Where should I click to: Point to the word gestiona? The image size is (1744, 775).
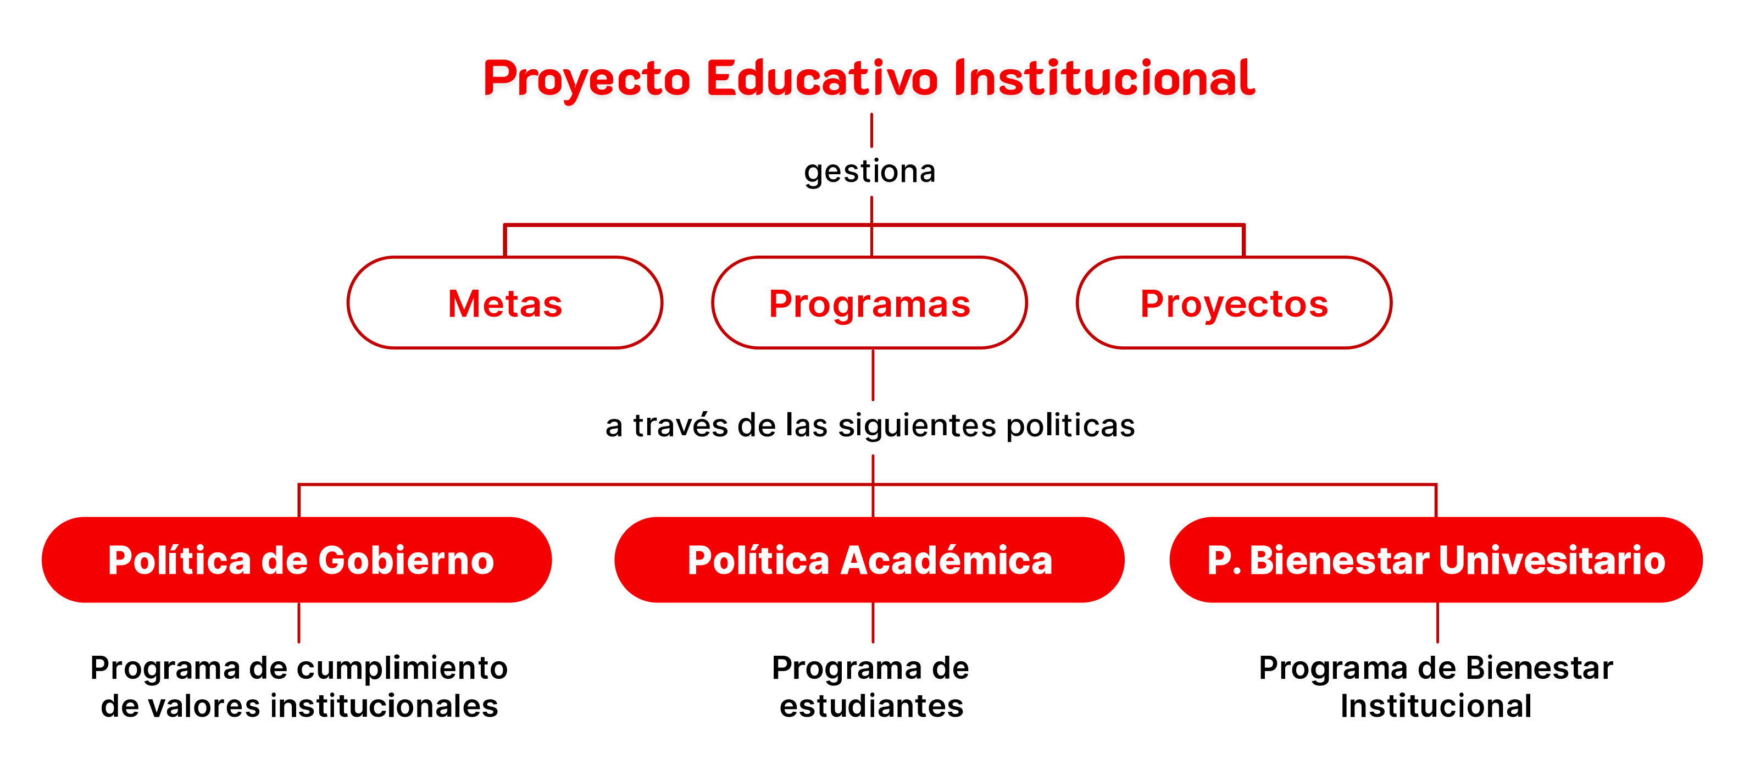click(870, 172)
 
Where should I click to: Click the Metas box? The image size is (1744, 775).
click(505, 303)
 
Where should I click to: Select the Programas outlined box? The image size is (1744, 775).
click(869, 303)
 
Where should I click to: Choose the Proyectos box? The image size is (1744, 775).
click(1234, 303)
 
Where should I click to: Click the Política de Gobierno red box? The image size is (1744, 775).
click(297, 560)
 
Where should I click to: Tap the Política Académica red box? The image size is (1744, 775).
click(869, 560)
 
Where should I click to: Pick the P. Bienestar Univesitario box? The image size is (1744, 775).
click(1436, 560)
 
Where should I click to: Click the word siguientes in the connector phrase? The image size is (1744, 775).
click(918, 427)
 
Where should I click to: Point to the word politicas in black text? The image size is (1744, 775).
click(1070, 427)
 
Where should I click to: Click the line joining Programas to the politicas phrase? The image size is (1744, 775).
click(873, 375)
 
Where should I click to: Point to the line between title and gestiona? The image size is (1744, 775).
click(871, 130)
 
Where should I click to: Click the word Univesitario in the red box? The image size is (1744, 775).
click(1552, 560)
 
